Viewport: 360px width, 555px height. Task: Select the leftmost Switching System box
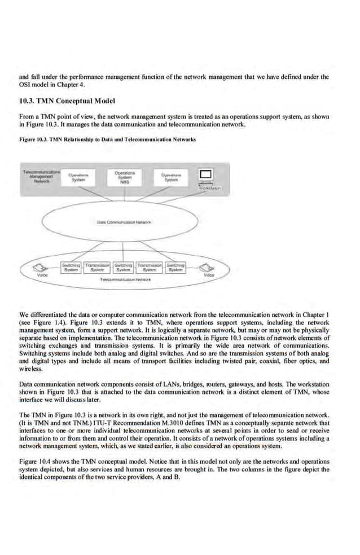pos(71,267)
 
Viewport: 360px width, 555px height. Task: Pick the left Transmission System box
pos(97,267)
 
